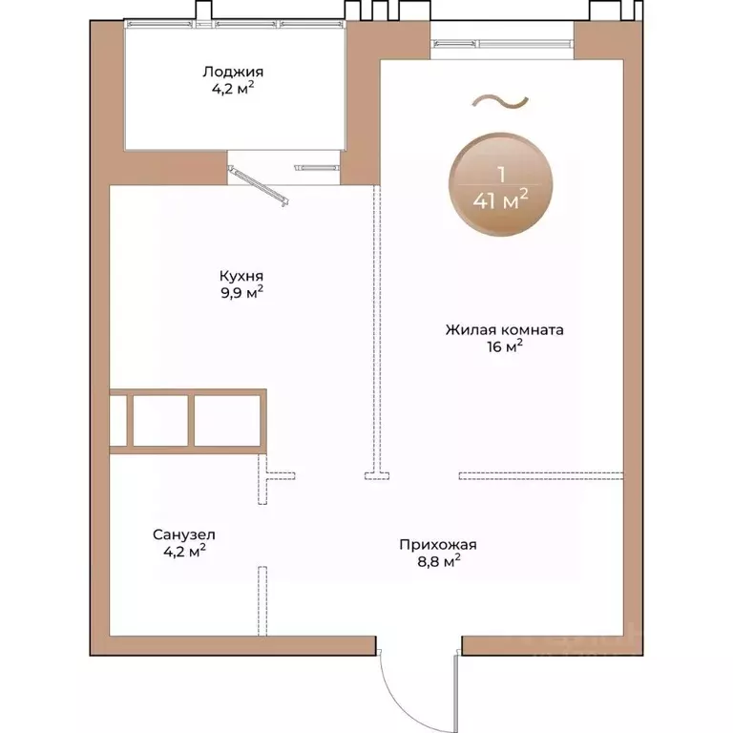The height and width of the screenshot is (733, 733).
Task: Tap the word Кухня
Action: pyautogui.click(x=241, y=275)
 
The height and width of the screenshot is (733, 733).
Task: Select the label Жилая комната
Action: pyautogui.click(x=504, y=330)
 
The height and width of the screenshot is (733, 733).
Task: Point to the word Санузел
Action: pyautogui.click(x=183, y=534)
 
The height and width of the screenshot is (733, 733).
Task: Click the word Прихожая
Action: pyautogui.click(x=438, y=545)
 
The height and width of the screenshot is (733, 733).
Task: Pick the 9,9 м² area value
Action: pyautogui.click(x=241, y=293)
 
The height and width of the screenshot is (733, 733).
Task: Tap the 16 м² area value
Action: pyautogui.click(x=505, y=346)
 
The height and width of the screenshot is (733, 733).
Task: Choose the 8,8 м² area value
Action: pyautogui.click(x=438, y=561)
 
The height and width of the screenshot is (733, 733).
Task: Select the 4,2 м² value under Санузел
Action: pyautogui.click(x=184, y=551)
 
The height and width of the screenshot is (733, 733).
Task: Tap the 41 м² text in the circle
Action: pyautogui.click(x=501, y=200)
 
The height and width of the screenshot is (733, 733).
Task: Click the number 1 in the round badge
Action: pyautogui.click(x=502, y=175)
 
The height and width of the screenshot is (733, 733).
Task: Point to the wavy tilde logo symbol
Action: pyautogui.click(x=501, y=101)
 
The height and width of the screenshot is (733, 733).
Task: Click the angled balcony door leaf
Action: pyautogui.click(x=258, y=185)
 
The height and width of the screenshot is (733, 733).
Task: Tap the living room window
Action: pyautogui.click(x=503, y=44)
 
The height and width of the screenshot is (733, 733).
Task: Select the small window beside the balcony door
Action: pyautogui.click(x=317, y=168)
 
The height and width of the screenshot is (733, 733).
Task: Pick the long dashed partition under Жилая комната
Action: pyautogui.click(x=541, y=476)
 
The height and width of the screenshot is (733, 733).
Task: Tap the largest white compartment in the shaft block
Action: pyautogui.click(x=227, y=421)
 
